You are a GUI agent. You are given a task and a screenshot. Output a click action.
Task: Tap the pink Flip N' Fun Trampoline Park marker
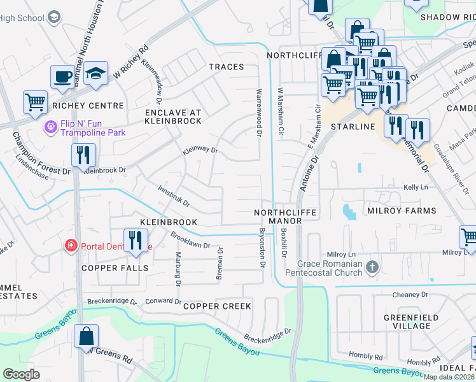pos(50,128)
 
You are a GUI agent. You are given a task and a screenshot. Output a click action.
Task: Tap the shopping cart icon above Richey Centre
pos(35,102)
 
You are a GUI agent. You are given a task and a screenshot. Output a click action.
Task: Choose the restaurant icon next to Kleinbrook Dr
pos(83,155)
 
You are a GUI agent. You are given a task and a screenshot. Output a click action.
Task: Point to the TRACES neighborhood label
pos(226,67)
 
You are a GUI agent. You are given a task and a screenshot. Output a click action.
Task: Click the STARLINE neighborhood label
pos(352,127)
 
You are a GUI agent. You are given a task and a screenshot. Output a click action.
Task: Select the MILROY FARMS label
pos(402,211)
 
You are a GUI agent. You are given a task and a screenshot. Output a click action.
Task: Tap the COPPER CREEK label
pos(217,306)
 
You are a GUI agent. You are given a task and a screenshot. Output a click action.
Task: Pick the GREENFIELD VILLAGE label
pos(407,321)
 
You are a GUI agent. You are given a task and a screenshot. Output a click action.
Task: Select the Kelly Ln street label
pos(415,188)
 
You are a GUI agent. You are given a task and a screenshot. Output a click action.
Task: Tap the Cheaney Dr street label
pos(410,295)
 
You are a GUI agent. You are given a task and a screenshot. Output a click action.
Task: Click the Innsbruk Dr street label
pos(174,195)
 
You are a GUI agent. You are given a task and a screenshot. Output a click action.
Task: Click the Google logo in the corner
pos(21,374)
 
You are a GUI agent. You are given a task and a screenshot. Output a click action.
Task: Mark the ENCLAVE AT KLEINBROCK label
pos(172,116)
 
